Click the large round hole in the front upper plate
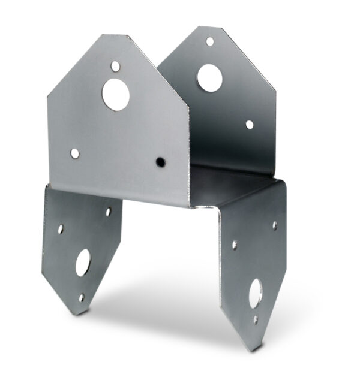coord(115,94)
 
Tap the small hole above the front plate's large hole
coord(115,65)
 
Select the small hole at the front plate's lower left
coord(74,153)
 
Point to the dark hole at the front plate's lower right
coord(160,162)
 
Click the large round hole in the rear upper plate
coord(209,77)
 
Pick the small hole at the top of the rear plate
coord(209,41)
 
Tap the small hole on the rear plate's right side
coord(249,125)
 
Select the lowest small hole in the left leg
coord(81,297)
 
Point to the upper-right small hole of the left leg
coord(108,212)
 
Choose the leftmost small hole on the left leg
coord(60,228)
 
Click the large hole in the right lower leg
coord(255,292)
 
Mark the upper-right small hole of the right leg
coord(275,226)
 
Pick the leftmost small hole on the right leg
coord(234,245)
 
